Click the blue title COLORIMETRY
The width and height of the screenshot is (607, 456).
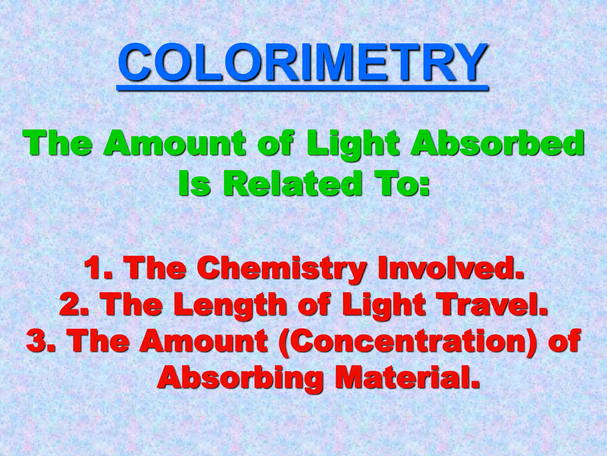tap(302, 63)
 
